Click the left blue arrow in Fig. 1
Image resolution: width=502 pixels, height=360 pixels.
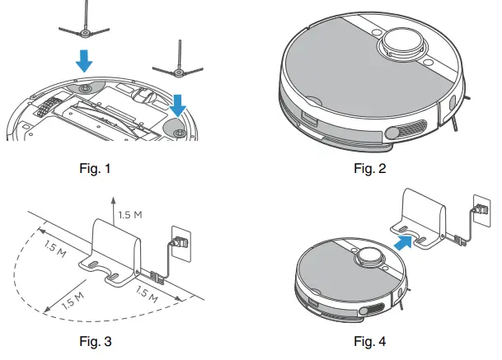[x=85, y=59]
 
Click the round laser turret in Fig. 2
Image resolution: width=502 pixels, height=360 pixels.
[x=403, y=40]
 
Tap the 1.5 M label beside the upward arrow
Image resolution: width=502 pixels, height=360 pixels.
[x=130, y=216]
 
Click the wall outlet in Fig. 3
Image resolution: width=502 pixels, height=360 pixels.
[x=181, y=241]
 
